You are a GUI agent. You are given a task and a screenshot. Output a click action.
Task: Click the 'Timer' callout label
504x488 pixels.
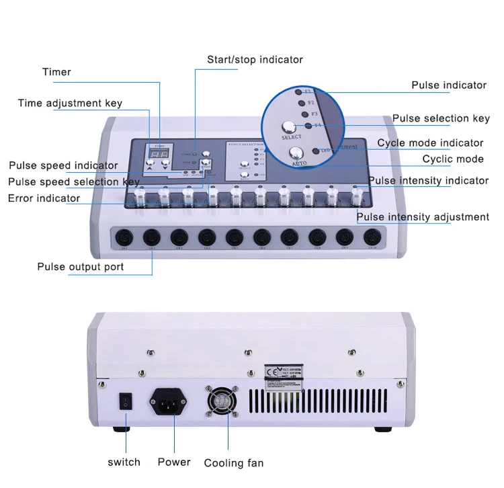pyautogui.click(x=56, y=72)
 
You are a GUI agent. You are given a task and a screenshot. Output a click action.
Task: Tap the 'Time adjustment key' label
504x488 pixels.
pyautogui.click(x=70, y=104)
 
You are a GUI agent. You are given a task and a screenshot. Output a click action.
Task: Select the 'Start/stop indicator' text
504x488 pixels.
pyautogui.click(x=255, y=60)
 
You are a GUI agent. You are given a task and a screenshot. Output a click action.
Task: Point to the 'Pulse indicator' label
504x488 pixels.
pyautogui.click(x=449, y=85)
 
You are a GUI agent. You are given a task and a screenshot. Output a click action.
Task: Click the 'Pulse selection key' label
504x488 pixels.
pyautogui.click(x=441, y=118)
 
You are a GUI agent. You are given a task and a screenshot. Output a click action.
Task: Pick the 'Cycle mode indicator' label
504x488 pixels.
pyautogui.click(x=430, y=143)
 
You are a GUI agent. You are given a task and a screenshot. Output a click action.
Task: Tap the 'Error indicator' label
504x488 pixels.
pyautogui.click(x=44, y=198)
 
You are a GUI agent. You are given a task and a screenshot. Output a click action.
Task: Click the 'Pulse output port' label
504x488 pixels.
pyautogui.click(x=81, y=267)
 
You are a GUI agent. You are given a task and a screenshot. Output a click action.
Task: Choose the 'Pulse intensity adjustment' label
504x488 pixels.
pyautogui.click(x=423, y=217)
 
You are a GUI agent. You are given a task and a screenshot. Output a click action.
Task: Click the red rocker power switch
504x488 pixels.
pyautogui.click(x=124, y=402)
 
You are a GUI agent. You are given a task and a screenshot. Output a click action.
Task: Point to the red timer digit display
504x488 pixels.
pyautogui.click(x=159, y=155)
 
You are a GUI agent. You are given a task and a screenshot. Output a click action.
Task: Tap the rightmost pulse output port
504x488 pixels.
pyautogui.click(x=372, y=237)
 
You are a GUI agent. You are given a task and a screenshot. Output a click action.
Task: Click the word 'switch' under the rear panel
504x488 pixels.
pyautogui.click(x=124, y=462)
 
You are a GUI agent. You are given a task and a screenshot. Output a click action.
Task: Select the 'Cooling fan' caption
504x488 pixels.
pyautogui.click(x=234, y=463)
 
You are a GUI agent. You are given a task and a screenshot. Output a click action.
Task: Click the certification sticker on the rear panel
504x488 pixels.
pyautogui.click(x=283, y=376)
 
